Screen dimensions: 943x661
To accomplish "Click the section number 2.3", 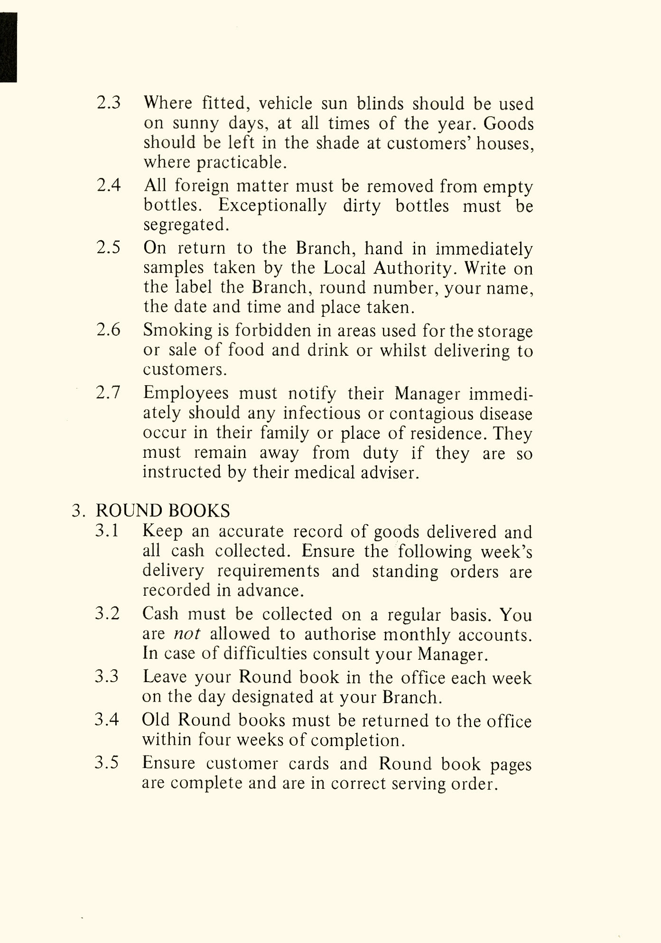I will (109, 103).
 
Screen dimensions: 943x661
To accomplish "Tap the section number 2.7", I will (108, 393).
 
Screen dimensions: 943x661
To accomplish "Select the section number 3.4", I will (107, 720).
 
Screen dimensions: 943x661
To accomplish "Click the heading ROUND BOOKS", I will (163, 511).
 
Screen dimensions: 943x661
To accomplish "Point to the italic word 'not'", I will (187, 634).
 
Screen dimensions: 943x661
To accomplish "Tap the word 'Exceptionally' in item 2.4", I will (272, 206).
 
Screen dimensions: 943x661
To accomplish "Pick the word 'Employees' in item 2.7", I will (186, 393).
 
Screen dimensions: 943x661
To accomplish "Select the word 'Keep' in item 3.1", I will (162, 532).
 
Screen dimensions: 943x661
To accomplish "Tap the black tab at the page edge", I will (8, 47).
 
